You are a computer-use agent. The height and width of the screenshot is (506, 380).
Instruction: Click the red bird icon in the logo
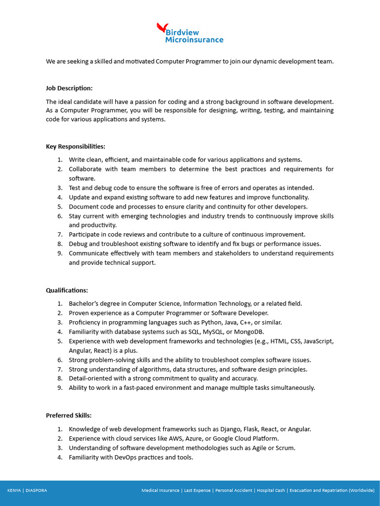(x=161, y=28)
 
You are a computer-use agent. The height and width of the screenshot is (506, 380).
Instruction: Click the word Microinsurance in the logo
(x=194, y=40)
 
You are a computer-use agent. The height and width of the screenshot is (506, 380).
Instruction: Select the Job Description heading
(x=69, y=88)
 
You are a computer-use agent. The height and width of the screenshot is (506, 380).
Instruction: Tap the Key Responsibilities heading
(x=75, y=147)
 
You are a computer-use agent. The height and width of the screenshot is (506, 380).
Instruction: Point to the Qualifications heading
(x=67, y=291)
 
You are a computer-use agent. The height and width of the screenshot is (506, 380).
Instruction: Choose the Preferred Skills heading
(x=69, y=416)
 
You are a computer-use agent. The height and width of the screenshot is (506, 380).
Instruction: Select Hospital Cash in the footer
(x=271, y=491)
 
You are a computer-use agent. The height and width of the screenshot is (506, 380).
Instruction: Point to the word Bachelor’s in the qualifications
(x=84, y=304)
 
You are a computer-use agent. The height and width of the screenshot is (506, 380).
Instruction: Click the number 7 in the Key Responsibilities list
(x=59, y=235)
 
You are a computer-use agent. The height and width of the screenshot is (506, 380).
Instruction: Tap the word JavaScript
(x=318, y=341)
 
